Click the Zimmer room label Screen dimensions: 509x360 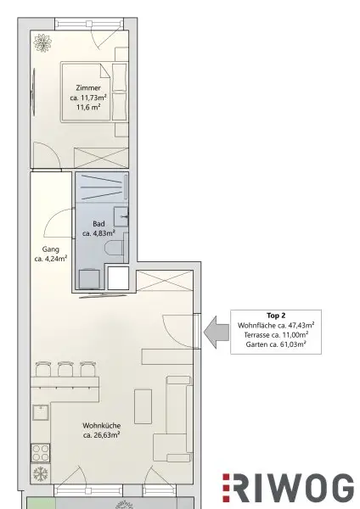coord(87,87)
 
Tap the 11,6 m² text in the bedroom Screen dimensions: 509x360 coord(87,109)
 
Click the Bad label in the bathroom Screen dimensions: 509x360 coord(98,222)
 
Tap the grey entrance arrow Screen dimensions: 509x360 coord(217,331)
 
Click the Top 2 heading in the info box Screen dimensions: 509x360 coord(275,313)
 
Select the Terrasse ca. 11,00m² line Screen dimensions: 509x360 coord(276,334)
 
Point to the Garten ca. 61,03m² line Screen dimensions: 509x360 coord(276,344)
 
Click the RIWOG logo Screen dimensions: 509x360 coord(288,488)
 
